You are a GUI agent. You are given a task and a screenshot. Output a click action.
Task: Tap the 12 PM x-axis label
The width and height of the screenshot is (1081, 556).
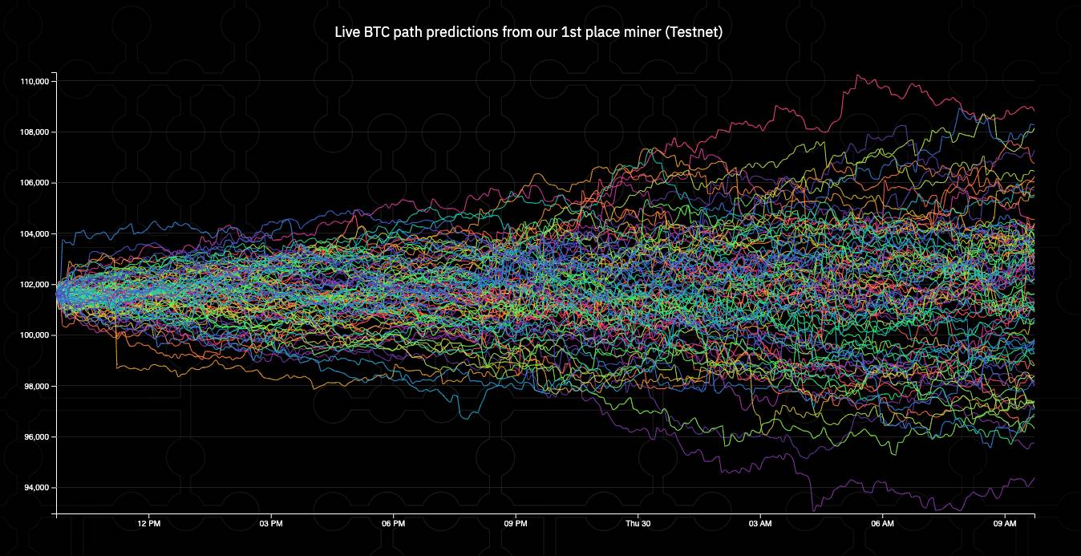(149, 524)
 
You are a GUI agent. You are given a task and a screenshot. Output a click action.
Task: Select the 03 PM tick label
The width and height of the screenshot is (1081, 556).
(271, 524)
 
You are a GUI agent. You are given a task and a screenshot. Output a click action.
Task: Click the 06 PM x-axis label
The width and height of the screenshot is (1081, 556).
(394, 524)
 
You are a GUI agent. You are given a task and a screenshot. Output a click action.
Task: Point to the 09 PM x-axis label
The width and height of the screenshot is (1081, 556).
(516, 524)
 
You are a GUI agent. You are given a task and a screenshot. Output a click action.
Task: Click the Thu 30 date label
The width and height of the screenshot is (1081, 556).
(638, 524)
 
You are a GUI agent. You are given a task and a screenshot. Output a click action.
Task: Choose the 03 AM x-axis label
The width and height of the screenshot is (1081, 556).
(760, 524)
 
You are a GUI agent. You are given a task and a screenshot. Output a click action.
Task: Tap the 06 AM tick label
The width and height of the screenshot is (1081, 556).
(882, 524)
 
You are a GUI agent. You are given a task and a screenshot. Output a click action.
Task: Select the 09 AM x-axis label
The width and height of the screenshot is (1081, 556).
(1005, 524)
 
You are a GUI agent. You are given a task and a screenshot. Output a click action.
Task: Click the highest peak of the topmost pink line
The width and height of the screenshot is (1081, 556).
(857, 75)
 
